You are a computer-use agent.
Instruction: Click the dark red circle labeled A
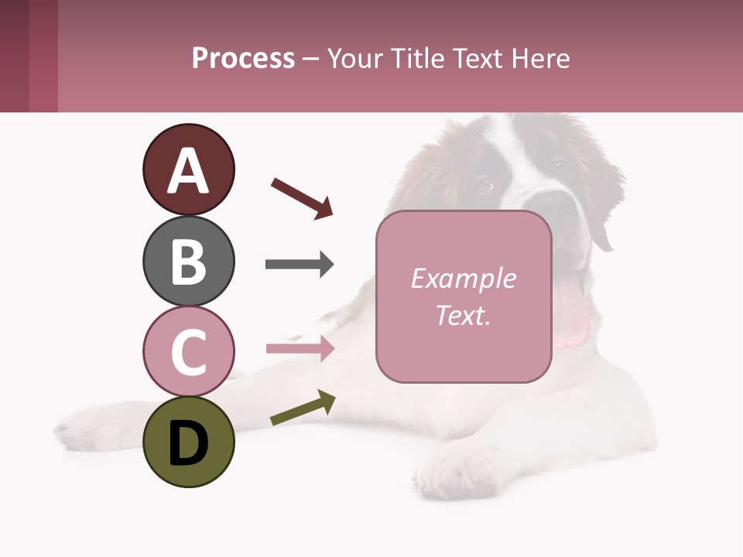click(x=188, y=169)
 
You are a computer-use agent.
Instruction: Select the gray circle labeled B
click(x=188, y=261)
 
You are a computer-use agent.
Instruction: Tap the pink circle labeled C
click(x=188, y=350)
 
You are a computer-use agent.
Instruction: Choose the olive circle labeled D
click(x=188, y=442)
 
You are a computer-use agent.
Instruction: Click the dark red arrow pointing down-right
click(x=302, y=198)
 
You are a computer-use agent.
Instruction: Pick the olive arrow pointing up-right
click(x=303, y=408)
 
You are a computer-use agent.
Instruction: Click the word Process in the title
click(x=243, y=59)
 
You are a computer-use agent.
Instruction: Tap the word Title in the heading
click(x=418, y=59)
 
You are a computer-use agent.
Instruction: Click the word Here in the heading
click(x=541, y=59)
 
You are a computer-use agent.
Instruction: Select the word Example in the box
click(x=463, y=278)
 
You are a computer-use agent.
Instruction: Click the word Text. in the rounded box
click(x=463, y=315)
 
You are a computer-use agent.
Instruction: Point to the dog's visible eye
click(x=484, y=184)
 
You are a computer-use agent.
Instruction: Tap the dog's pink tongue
click(x=571, y=313)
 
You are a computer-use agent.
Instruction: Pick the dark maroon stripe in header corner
click(x=15, y=56)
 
